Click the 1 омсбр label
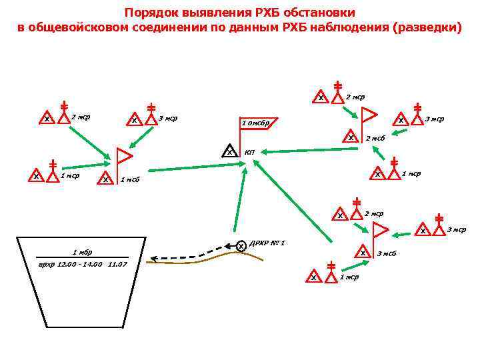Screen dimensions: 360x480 pos(255,123)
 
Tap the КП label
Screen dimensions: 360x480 pos(249,153)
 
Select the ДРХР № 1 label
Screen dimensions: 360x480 pos(267,243)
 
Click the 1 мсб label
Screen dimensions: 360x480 pos(129,179)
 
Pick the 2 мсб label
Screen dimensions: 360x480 pos(375,138)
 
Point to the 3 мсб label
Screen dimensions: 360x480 pos(387,253)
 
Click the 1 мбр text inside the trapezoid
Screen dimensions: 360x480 pos(81,252)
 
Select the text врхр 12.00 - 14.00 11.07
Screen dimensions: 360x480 pos(82,265)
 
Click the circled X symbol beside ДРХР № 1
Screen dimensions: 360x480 pos(241,246)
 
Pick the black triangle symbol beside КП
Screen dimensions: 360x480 pos(229,151)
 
